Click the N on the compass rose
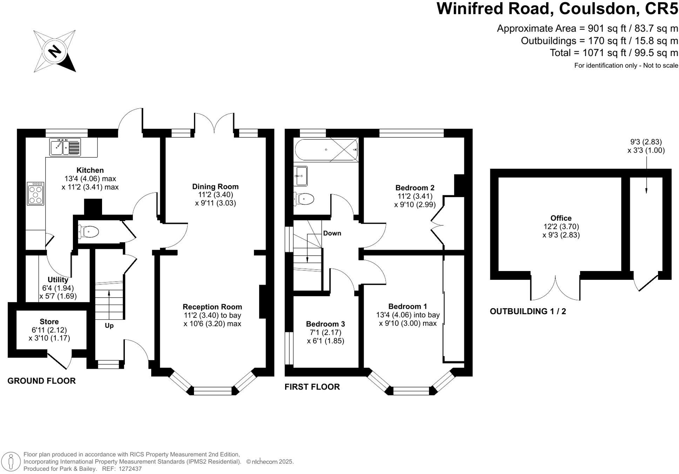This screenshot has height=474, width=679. [x=54, y=52]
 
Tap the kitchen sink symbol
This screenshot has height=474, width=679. [x=65, y=147]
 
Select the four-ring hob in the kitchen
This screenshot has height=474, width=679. [x=36, y=194]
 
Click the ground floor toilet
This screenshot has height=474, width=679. [x=89, y=232]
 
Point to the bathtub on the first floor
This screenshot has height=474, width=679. [x=326, y=150]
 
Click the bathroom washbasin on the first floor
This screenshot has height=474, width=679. [x=301, y=176]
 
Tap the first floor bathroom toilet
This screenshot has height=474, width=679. [x=304, y=199]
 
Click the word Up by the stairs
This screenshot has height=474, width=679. [x=109, y=326]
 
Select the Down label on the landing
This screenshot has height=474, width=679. [x=332, y=233]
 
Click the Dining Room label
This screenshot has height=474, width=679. [x=215, y=187]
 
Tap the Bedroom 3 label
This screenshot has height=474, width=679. [x=325, y=324]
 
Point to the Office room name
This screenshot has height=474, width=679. [x=561, y=218]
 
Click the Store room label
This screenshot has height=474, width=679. [x=49, y=322]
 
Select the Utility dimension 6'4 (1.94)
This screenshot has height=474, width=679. [x=58, y=288]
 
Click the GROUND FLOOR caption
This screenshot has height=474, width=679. [x=41, y=381]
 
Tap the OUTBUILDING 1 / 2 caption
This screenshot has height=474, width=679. [x=527, y=311]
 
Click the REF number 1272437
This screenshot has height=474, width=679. [x=130, y=469]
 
